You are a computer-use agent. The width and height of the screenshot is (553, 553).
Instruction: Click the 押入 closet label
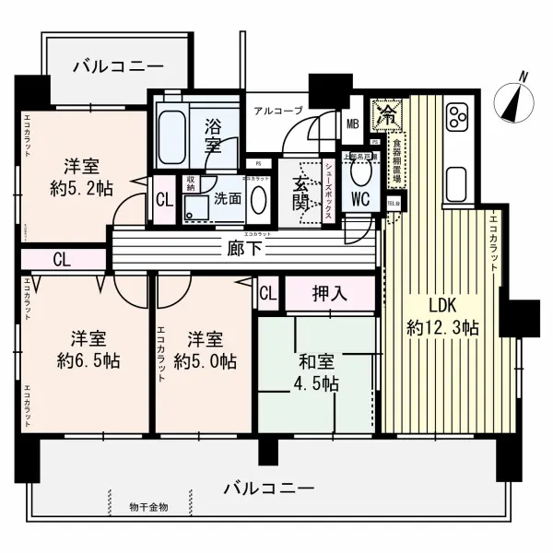329,295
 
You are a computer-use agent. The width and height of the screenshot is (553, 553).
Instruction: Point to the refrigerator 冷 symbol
388,115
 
